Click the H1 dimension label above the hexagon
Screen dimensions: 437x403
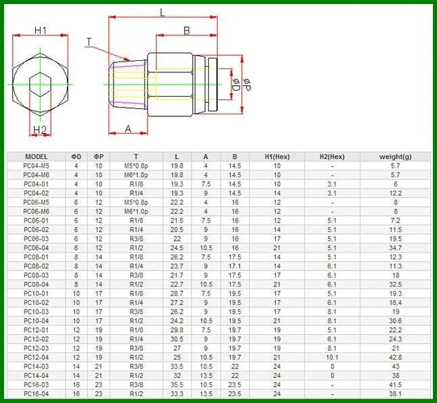[41, 30]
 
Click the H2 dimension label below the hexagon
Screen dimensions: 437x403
[40, 130]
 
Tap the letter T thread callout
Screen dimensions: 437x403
[89, 42]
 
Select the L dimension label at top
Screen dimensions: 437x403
[162, 13]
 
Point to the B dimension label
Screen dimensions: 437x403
[187, 30]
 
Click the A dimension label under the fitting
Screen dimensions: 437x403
[128, 128]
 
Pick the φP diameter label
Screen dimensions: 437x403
[247, 85]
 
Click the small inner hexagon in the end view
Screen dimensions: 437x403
[41, 85]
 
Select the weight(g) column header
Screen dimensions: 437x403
[395, 157]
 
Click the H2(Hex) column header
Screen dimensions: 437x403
[332, 157]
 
